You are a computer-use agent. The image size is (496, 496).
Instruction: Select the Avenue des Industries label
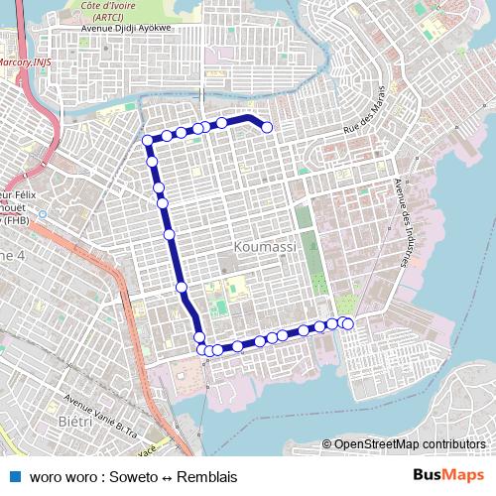pyautogui.click(x=403, y=222)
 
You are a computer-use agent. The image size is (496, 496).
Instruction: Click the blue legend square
pyautogui.click(x=12, y=476)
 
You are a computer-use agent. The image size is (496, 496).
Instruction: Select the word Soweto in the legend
pyautogui.click(x=133, y=477)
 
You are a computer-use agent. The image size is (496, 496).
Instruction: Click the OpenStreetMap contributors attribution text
pyautogui.click(x=409, y=444)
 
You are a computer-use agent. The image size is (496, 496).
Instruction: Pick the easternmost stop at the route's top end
pyautogui.click(x=267, y=126)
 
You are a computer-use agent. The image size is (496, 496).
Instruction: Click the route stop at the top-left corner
pyautogui.click(x=148, y=140)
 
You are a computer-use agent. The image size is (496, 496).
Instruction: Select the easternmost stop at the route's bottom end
pyautogui.click(x=347, y=323)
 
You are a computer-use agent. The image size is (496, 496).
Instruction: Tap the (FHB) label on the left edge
pyautogui.click(x=16, y=221)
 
